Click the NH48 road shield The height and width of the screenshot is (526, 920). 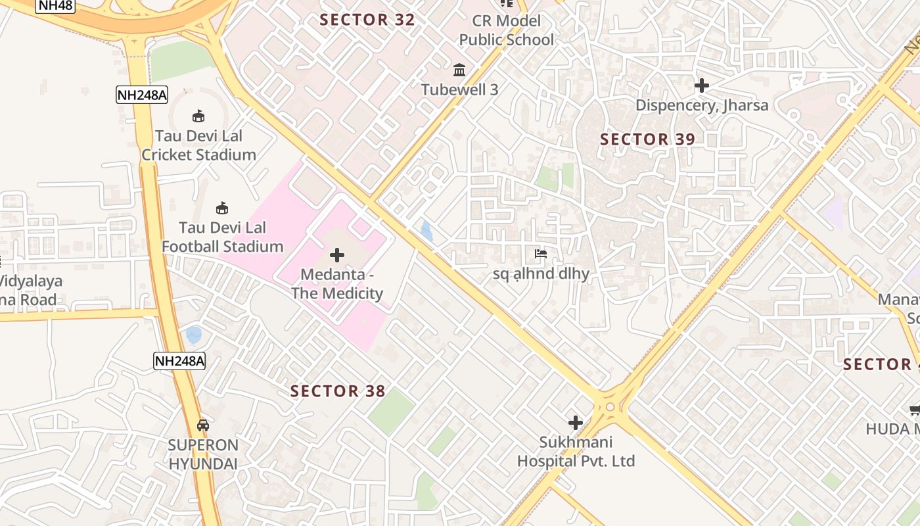(56, 6)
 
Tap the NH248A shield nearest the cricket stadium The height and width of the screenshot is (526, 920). (142, 95)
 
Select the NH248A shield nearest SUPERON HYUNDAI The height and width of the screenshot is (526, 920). (179, 360)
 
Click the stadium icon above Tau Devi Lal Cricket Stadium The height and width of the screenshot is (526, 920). (198, 116)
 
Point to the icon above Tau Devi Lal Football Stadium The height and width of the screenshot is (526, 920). (222, 208)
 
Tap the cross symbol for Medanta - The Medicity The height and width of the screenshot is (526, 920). (337, 255)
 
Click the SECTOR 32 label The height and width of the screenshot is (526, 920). (367, 20)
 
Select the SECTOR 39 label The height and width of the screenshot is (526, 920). (647, 139)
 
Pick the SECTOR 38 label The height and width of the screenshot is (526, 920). (338, 391)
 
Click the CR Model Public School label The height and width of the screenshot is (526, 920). (506, 30)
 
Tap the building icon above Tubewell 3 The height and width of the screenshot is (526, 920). (459, 70)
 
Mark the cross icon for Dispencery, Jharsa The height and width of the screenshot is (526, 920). (701, 85)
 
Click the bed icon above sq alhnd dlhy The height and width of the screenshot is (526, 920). (541, 254)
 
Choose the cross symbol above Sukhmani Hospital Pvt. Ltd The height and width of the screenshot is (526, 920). (576, 423)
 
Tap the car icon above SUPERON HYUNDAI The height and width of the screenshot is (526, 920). (203, 425)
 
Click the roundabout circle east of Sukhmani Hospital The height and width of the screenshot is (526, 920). (610, 407)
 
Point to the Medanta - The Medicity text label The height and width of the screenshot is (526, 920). (337, 283)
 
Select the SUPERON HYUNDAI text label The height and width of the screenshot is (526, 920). (203, 454)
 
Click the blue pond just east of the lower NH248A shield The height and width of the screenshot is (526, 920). (194, 335)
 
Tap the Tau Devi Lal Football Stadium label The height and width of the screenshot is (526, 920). (222, 237)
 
